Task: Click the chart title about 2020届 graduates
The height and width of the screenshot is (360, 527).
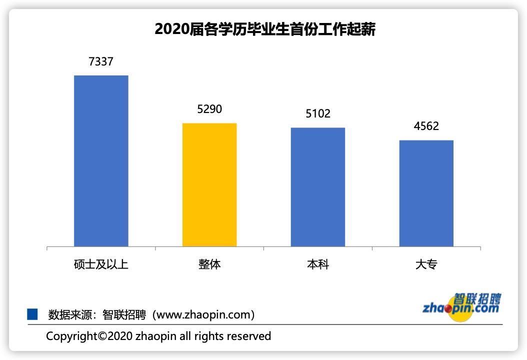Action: coord(264,29)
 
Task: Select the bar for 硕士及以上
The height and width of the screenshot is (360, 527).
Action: coord(101,160)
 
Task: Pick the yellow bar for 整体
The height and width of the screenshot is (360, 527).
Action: coord(209,184)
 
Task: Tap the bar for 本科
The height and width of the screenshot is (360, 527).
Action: coord(318,187)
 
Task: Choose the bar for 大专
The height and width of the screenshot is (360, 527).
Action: coord(426,193)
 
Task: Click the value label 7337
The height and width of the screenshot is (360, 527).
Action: coord(101,62)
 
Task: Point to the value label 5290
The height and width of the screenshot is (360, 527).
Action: coord(209,109)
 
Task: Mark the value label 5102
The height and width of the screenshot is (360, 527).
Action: coord(318,114)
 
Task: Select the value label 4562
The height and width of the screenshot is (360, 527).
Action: coord(426,126)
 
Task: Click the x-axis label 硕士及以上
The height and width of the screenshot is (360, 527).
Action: coord(101,264)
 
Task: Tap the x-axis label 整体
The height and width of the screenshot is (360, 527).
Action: coord(209,264)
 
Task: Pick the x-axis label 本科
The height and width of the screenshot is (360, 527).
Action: coord(318,264)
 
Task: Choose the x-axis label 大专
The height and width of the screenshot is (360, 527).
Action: coord(426,264)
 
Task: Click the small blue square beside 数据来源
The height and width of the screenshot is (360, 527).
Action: coord(32,314)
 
